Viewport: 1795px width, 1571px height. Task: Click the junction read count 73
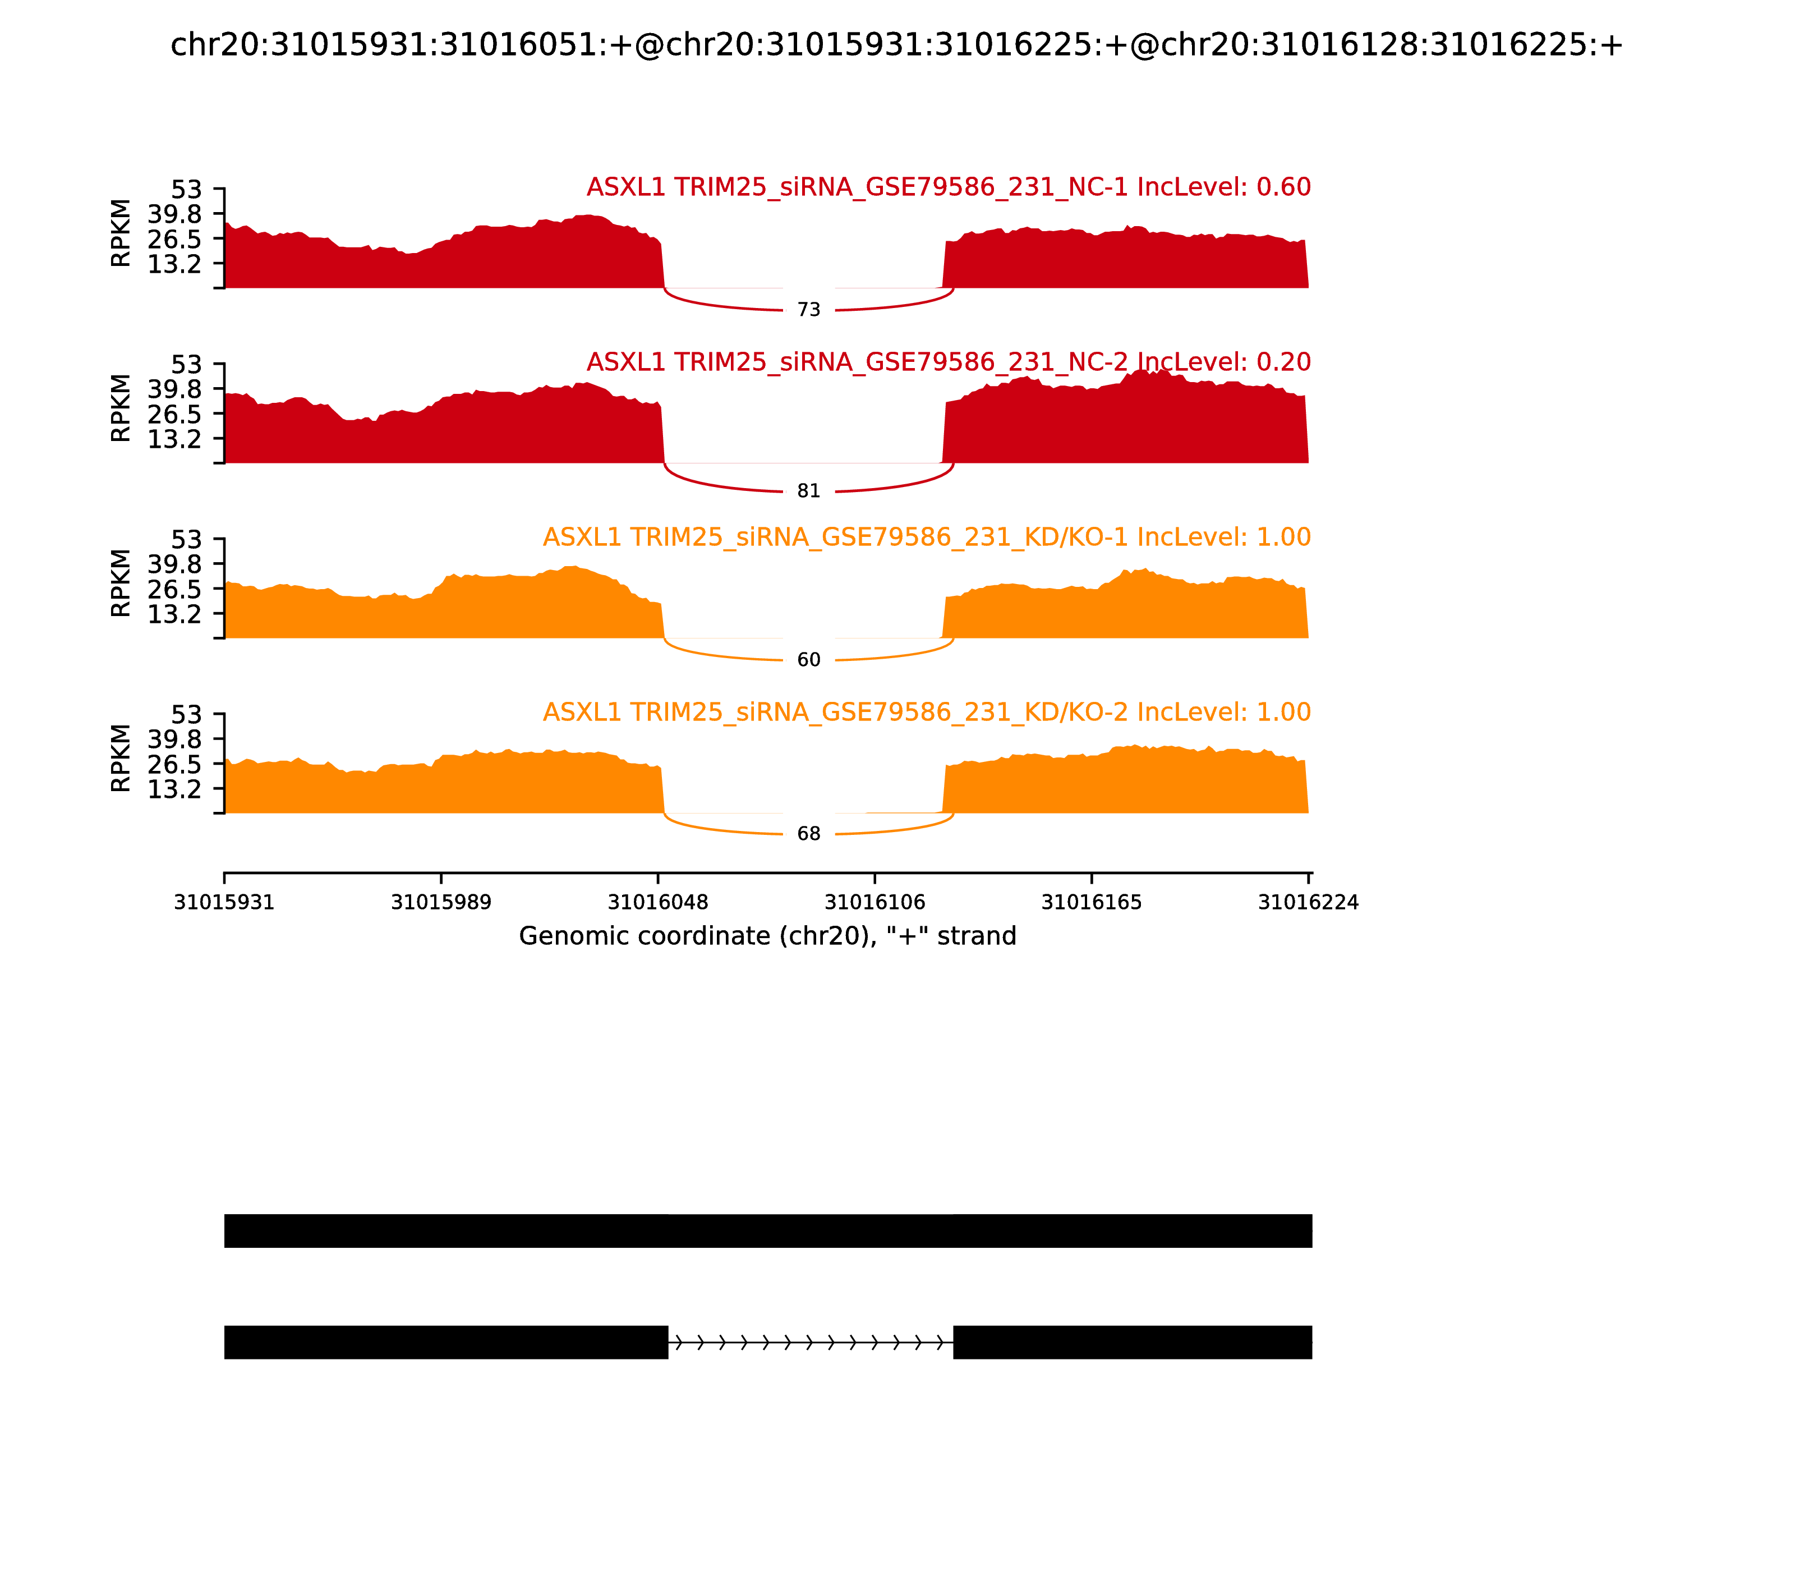point(808,310)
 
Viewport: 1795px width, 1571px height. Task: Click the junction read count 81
point(808,492)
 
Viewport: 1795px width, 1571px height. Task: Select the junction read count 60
point(808,660)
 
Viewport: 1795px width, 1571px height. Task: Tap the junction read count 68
point(808,834)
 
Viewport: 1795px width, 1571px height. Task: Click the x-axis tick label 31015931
point(224,903)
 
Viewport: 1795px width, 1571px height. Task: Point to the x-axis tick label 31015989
point(441,903)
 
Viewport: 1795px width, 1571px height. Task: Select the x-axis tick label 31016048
point(657,903)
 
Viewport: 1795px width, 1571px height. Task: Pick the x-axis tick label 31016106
point(875,903)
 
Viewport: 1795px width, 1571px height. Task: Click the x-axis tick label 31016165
point(1091,903)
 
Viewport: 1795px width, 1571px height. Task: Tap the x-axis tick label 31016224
point(1308,903)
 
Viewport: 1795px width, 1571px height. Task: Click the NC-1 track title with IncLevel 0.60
point(949,187)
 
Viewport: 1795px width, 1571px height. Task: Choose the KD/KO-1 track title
point(927,538)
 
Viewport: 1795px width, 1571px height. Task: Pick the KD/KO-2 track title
point(927,712)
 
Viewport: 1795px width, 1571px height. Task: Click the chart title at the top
point(896,45)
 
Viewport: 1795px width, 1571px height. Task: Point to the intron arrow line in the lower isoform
point(810,1342)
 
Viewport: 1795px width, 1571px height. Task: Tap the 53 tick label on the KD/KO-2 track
point(186,714)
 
